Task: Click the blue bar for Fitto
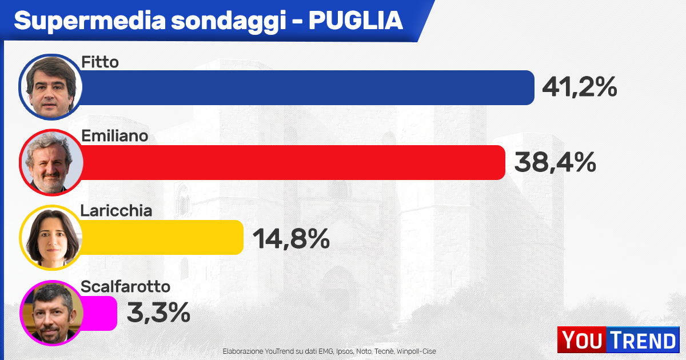tap(309, 87)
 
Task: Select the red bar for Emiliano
tap(294, 162)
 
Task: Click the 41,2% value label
tap(579, 87)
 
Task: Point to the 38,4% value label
tap(555, 162)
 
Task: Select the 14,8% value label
tap(291, 238)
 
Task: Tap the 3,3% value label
tap(158, 313)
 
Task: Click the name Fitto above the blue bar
tap(100, 62)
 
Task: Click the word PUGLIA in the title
tap(356, 21)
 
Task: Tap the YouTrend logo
tap(618, 341)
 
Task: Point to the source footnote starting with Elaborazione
tap(329, 351)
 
